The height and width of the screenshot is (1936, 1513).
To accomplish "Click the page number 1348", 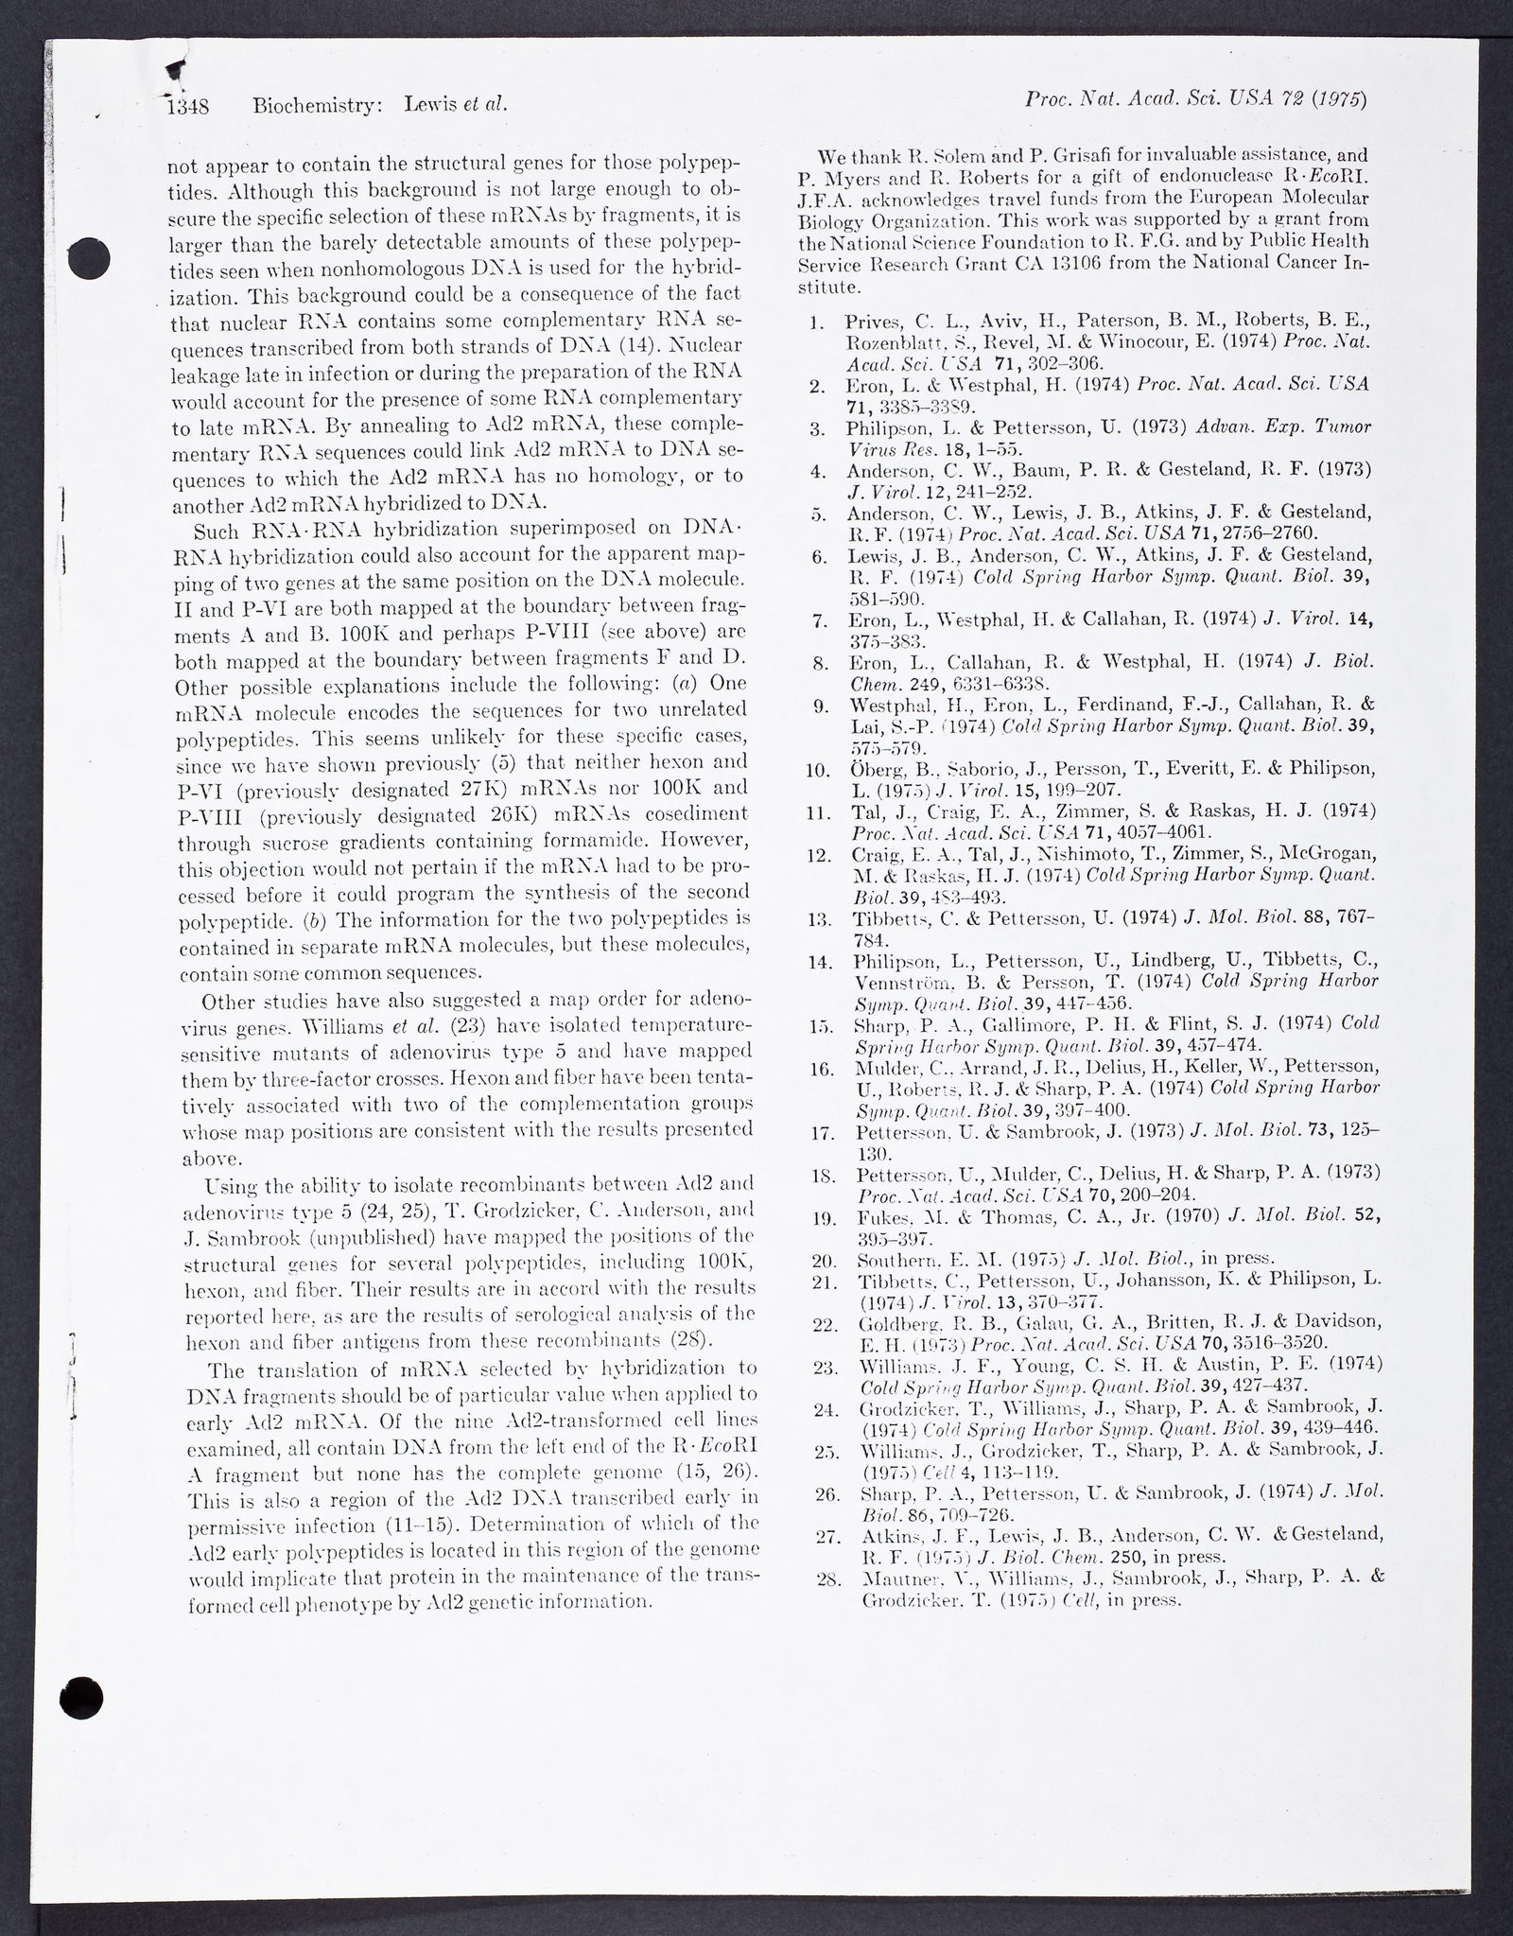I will [187, 106].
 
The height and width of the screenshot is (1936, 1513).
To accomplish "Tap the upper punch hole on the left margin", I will [92, 254].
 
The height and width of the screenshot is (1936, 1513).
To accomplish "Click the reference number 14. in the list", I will [818, 963].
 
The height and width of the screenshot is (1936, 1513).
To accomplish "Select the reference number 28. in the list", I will [826, 1580].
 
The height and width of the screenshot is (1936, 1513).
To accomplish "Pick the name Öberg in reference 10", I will [874, 770].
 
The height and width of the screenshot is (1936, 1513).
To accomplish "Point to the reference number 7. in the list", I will [820, 622].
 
